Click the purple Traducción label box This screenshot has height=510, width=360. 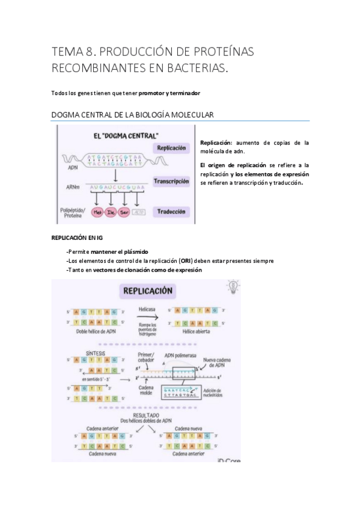(x=171, y=212)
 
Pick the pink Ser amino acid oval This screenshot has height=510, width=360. (x=125, y=212)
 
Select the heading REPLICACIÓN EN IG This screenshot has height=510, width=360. (x=77, y=238)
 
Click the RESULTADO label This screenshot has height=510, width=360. (x=146, y=415)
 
